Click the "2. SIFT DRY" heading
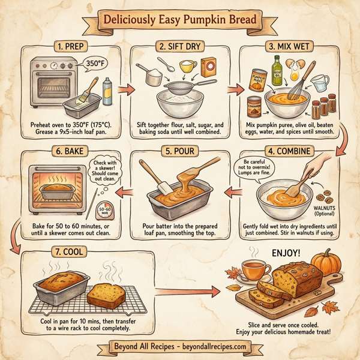pos(179,46)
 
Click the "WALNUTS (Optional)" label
pos(325,211)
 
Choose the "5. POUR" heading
pos(179,152)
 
